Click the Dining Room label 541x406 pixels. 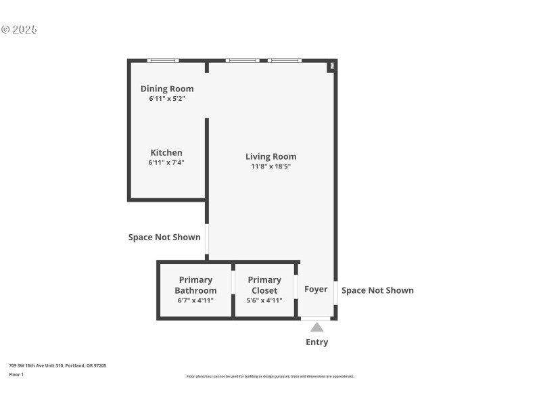167,89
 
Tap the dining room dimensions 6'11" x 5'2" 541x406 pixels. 167,99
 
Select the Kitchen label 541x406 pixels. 166,153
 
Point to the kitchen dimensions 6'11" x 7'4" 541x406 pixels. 166,163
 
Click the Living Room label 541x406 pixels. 271,157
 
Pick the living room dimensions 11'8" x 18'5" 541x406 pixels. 271,166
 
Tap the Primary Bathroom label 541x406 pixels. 195,285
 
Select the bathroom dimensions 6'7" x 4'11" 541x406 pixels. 195,300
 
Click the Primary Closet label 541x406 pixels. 264,285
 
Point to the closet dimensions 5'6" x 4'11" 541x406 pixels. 264,300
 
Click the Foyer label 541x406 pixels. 316,290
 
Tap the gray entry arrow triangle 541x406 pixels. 316,328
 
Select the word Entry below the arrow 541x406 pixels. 316,342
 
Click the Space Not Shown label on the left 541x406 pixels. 164,238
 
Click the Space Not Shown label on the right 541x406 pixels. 377,290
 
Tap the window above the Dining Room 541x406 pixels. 163,61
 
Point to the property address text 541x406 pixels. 57,365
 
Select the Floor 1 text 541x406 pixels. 16,374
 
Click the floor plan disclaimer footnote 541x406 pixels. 270,376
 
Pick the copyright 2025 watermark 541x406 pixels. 19,30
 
